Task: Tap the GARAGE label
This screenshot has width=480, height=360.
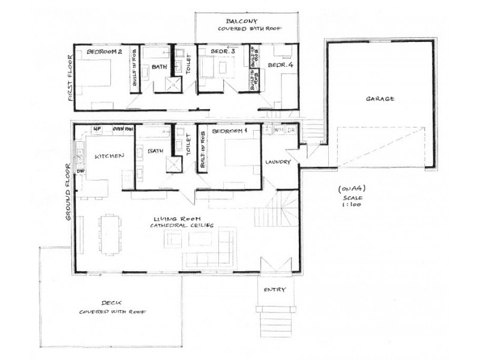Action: [x=380, y=99]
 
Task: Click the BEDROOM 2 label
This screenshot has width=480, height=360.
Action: [x=104, y=52]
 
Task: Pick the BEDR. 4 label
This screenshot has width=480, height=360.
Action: [x=280, y=65]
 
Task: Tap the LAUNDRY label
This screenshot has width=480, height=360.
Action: [x=278, y=162]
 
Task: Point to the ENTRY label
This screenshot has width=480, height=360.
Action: [x=275, y=290]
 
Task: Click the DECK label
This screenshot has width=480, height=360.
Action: [x=112, y=303]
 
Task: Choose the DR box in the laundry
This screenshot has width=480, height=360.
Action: [x=291, y=130]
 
